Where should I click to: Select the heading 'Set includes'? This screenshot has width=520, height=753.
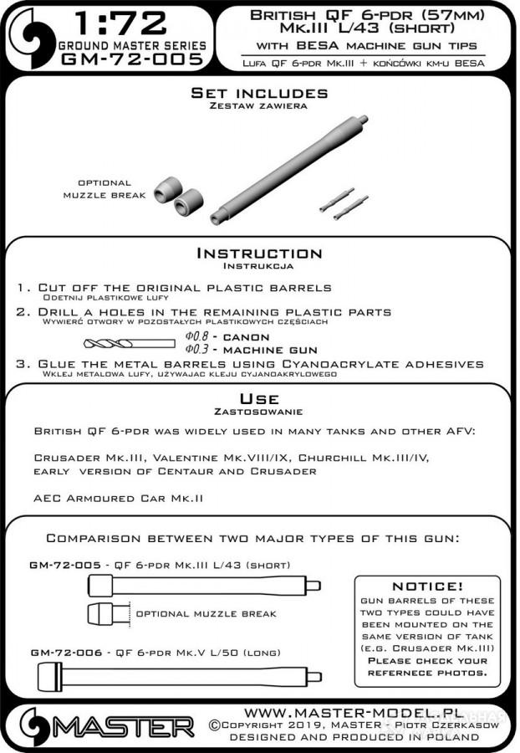(x=259, y=93)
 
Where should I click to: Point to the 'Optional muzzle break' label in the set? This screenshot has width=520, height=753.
(x=105, y=188)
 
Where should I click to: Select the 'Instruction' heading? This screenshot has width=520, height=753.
(x=258, y=253)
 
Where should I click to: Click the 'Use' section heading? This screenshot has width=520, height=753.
(x=258, y=398)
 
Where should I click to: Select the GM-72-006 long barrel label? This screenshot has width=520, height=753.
(x=59, y=652)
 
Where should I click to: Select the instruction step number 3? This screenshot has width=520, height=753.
(x=21, y=364)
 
